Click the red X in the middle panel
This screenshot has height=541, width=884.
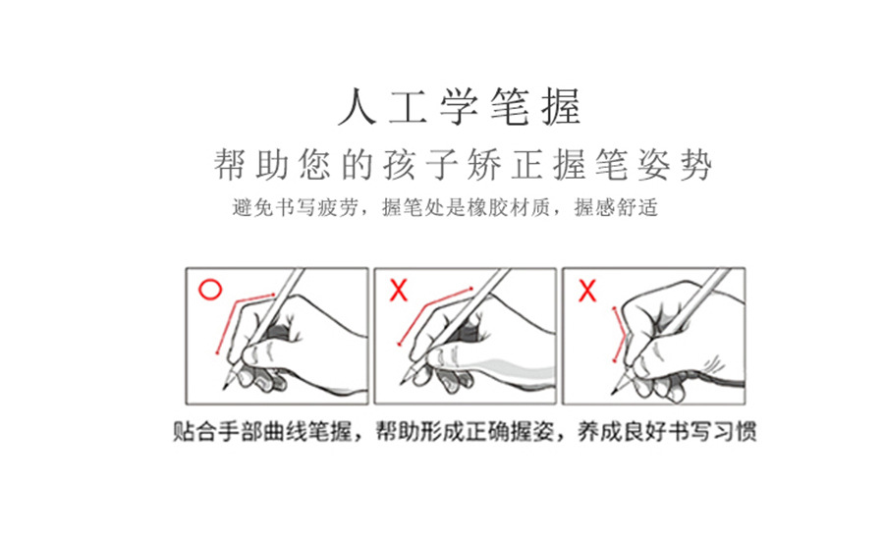click(399, 291)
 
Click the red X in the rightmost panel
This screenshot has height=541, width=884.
click(587, 291)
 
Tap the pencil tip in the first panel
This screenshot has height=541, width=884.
click(224, 388)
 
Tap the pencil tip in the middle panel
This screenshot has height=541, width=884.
click(402, 383)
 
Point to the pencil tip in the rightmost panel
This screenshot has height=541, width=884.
click(613, 392)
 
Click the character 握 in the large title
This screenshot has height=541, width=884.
click(562, 107)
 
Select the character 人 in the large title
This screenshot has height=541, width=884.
click(358, 107)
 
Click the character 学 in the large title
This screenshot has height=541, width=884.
click(460, 107)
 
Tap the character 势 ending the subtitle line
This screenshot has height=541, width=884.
click(696, 165)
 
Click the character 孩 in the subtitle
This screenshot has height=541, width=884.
click(400, 165)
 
